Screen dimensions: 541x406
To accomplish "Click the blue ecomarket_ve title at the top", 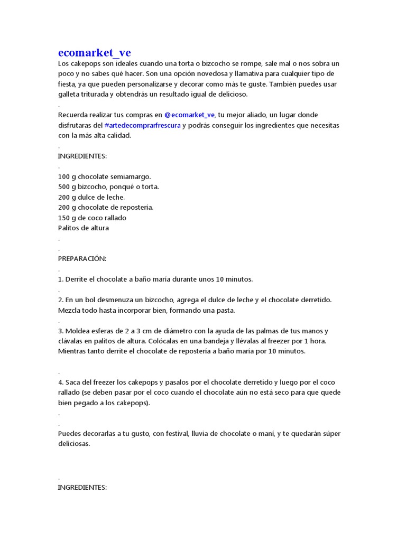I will [x=94, y=53].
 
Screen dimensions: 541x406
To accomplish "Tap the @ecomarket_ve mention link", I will [x=189, y=115].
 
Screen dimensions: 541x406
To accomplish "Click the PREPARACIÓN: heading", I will [x=82, y=258].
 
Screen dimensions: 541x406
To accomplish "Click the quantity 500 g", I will [x=67, y=186].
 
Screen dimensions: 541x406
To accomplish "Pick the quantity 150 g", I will [x=67, y=218].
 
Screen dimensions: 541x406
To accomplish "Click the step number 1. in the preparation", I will [x=60, y=279].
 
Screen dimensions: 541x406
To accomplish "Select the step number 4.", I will [x=61, y=382].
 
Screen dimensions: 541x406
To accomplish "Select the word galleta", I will [x=69, y=94].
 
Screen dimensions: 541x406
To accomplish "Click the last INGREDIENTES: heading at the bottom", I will [x=82, y=487].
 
